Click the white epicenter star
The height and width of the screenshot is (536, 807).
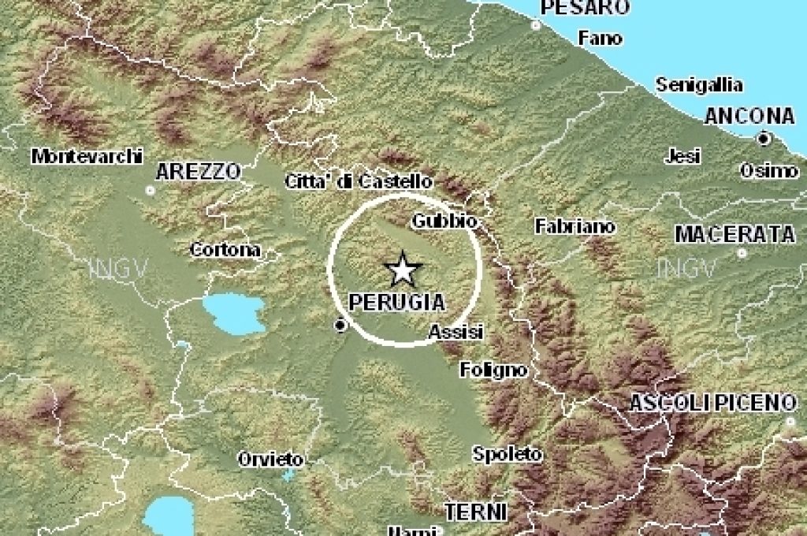(403, 270)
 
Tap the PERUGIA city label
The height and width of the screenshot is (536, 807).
(396, 302)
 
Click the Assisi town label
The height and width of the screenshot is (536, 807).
(456, 333)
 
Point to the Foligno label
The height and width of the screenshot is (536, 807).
(493, 369)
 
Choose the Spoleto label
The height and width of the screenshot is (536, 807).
(508, 454)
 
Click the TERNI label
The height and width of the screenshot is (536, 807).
(476, 512)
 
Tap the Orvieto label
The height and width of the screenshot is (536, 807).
(271, 458)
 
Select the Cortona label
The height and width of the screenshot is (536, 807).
(225, 250)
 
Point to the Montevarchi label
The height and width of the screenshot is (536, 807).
(87, 156)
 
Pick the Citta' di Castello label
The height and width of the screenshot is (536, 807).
(358, 182)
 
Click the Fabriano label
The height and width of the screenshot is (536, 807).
(575, 226)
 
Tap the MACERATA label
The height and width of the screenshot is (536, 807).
(734, 233)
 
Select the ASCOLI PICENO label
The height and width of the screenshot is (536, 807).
(712, 403)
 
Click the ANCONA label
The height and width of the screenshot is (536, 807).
(749, 116)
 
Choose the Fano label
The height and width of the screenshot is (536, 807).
(600, 38)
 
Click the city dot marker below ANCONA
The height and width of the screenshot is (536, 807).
(763, 139)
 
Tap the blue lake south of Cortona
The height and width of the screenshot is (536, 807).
(234, 313)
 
